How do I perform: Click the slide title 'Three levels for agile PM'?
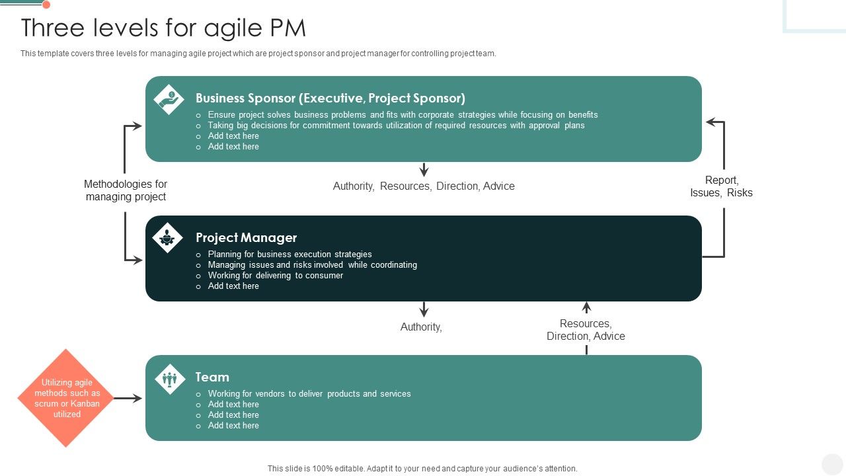coord(163,28)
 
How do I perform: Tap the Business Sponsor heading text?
coord(330,99)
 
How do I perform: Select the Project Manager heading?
coord(246,237)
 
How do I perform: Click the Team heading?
coord(212,377)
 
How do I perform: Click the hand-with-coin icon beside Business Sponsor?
coord(169,99)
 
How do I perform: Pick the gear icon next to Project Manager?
coord(168,237)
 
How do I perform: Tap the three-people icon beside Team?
coord(170,379)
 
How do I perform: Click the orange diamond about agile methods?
coord(66,398)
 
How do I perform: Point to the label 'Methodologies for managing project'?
coord(126,190)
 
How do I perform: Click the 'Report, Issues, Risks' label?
coord(721,186)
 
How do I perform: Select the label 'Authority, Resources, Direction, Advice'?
coord(424,186)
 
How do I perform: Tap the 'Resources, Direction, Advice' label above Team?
coord(586,330)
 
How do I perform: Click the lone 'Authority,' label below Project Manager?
coord(421,327)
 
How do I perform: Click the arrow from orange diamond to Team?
coord(129,398)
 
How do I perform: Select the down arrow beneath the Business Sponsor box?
coord(424,170)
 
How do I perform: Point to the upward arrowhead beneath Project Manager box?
coord(586,307)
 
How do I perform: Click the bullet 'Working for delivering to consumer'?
coord(275,276)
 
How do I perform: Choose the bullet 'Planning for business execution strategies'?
coord(289,255)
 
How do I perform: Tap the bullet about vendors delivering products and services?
coord(309,394)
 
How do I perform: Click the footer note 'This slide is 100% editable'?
coord(422,469)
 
